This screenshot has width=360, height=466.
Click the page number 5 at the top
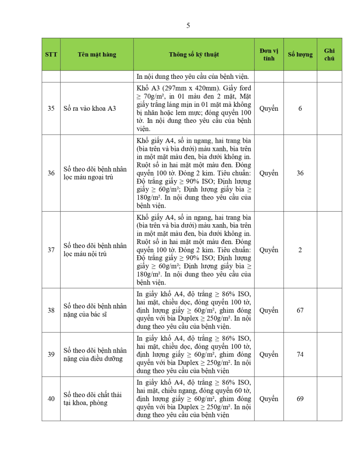[188, 26]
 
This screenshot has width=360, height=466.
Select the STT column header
[51, 54]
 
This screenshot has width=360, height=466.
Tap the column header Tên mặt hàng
[97, 54]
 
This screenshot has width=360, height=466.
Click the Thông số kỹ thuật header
[194, 54]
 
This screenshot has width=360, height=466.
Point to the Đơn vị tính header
[269, 54]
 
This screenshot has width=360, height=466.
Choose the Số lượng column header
[300, 54]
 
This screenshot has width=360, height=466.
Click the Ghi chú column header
[329, 54]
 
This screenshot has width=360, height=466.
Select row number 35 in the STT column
[51, 109]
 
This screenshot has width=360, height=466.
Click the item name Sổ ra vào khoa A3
[90, 109]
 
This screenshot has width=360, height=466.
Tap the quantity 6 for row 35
[300, 109]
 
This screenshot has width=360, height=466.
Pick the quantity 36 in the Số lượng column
[300, 173]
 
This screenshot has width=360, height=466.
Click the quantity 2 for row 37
[300, 249]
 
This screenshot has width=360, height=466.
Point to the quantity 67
[300, 310]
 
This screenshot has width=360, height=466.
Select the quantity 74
[300, 354]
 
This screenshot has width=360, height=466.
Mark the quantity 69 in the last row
[300, 399]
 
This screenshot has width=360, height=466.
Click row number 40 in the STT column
[51, 399]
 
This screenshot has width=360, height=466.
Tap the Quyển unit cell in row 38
[269, 310]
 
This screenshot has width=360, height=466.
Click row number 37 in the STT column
[51, 249]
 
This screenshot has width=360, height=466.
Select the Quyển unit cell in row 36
[269, 173]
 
